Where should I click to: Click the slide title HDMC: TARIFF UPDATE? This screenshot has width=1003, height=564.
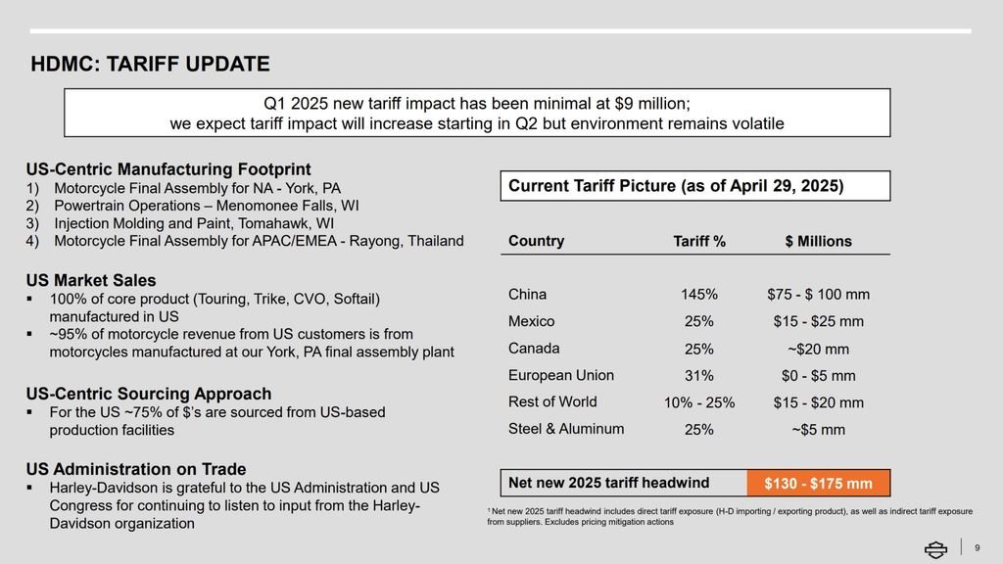pos(150,65)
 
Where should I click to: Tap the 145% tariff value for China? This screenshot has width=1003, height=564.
pos(699,295)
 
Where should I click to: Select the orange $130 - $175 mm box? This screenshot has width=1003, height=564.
pos(818,484)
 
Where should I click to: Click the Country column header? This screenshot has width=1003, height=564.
pos(536,241)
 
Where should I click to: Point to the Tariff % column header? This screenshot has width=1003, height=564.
pos(699,242)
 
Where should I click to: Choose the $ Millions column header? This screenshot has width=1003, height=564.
pos(818,242)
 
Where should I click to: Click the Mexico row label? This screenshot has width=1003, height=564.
pos(531,321)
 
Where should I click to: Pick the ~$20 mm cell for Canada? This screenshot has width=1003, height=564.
pos(818,349)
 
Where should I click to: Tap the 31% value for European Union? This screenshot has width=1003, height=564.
pos(699,376)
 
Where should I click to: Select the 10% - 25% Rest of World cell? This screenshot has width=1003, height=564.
pos(699,402)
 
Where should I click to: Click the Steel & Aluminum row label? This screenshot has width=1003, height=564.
pos(565,429)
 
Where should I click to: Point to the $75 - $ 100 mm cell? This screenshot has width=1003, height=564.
pos(818,295)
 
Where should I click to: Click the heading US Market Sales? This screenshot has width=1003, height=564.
pos(91,281)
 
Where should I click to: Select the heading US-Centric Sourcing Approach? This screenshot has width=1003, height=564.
pos(149,394)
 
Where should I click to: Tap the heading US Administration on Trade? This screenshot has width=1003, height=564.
pos(136,469)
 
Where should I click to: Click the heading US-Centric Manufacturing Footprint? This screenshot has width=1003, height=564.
pos(168,168)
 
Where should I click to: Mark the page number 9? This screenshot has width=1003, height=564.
pos(977,547)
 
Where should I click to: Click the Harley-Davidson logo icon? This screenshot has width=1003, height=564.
pos(936,548)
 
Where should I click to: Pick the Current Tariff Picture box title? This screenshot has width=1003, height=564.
pos(676,186)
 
